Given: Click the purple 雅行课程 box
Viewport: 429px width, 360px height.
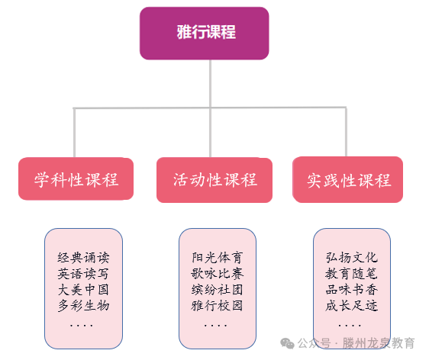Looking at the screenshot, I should [204, 33].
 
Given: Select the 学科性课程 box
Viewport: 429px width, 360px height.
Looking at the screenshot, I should [76, 180].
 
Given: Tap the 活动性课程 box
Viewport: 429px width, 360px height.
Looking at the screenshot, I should [214, 180].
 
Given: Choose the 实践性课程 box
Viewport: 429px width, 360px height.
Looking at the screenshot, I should [349, 181].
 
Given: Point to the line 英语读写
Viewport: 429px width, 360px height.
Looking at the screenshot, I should [84, 273].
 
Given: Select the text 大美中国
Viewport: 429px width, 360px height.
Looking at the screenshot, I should [84, 290].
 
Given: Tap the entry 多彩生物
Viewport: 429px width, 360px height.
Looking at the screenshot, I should [84, 306].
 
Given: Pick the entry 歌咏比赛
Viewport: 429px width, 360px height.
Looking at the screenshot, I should [218, 273].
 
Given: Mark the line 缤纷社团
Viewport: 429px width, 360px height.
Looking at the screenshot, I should [218, 290].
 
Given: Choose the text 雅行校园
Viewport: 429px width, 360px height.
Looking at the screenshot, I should [218, 306].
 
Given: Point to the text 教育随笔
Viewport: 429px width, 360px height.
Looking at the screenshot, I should [352, 273].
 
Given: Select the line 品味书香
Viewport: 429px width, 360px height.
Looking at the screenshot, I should [352, 290].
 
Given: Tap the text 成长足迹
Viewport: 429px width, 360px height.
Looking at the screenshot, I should [352, 306].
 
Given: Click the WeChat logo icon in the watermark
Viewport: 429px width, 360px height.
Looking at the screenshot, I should [287, 344].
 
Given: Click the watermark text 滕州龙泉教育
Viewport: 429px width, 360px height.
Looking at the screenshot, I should [379, 344].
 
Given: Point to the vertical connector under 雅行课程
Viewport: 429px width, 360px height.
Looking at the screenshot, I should [210, 84].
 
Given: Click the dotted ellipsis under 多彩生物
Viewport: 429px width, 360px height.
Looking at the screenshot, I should [81, 325].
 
